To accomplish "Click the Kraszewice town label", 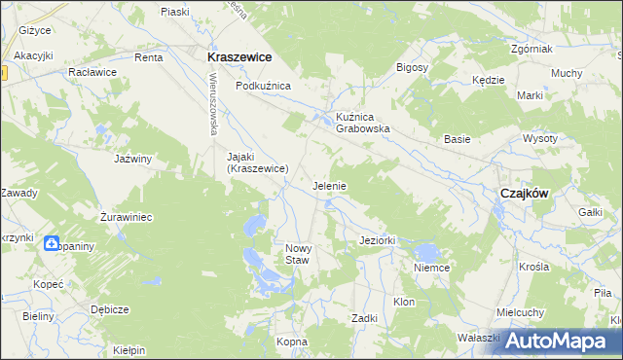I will click(238, 57).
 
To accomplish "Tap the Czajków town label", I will click(524, 193).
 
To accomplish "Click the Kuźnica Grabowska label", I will click(363, 121).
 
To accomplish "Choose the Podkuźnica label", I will click(263, 86).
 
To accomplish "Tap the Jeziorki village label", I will click(376, 239).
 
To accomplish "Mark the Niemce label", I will click(430, 268).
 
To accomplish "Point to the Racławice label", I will click(92, 72).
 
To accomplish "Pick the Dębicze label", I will click(109, 309).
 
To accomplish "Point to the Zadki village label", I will click(364, 318).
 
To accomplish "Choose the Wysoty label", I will click(567, 138).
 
